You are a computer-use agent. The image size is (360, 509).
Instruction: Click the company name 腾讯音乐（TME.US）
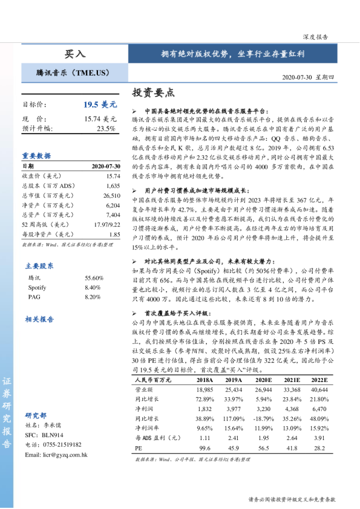click(x=73, y=73)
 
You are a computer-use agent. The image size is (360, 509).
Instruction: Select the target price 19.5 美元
click(x=99, y=105)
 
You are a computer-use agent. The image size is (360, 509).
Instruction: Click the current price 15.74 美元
click(x=100, y=119)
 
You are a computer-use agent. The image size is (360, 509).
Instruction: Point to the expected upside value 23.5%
click(x=106, y=128)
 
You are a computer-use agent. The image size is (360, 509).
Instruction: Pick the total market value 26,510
click(x=112, y=196)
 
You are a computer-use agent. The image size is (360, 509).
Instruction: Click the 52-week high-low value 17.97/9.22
click(x=108, y=224)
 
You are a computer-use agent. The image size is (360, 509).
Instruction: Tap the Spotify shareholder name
click(x=38, y=270)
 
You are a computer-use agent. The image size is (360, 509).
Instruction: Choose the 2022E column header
click(x=319, y=380)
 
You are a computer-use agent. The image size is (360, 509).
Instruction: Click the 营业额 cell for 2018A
click(x=206, y=390)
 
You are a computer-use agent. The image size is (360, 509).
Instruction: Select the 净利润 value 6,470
click(x=319, y=409)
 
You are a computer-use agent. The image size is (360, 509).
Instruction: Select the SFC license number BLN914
click(x=52, y=435)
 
